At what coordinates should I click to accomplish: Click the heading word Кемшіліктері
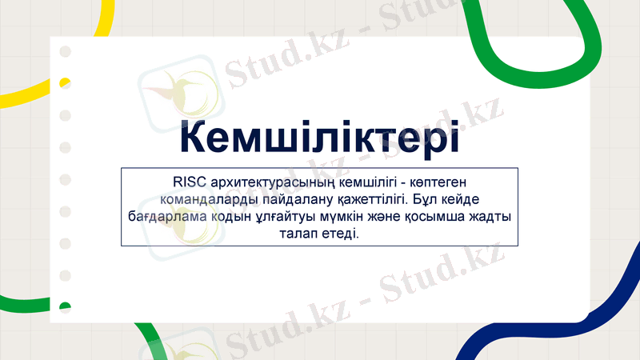click(x=319, y=137)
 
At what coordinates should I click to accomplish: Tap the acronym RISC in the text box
click(x=190, y=182)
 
